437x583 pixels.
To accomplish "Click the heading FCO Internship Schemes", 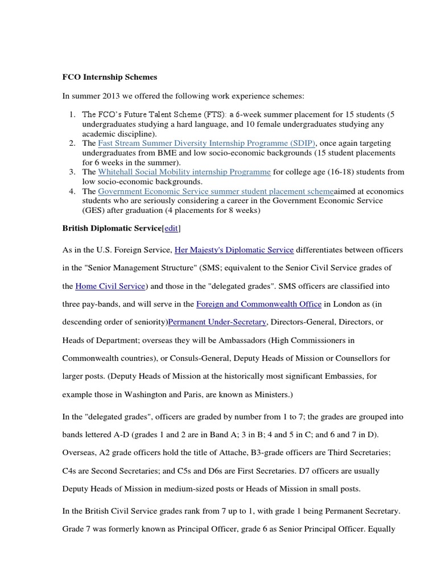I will tap(109, 76).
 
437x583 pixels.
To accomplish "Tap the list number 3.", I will tap(73, 171).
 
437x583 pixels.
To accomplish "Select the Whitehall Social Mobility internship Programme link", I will tap(184, 171).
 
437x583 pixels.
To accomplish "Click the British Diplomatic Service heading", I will tap(112, 228).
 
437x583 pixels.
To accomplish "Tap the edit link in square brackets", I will tap(172, 228).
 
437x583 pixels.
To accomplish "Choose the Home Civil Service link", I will tap(111, 285).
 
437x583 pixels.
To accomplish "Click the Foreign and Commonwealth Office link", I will tap(259, 303).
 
